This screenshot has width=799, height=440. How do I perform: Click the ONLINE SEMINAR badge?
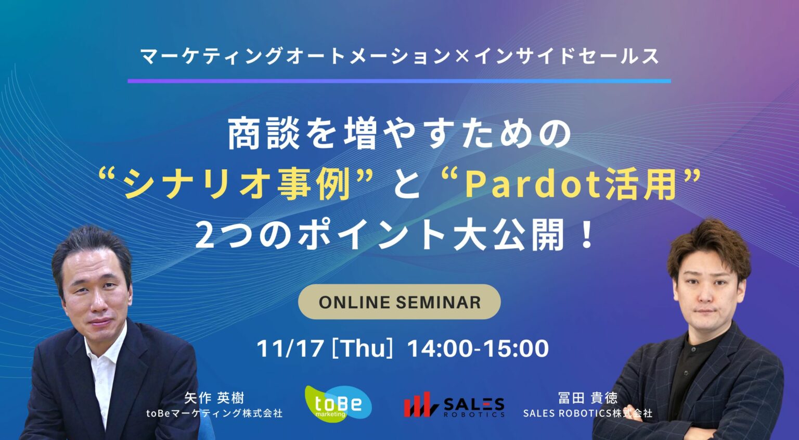pyautogui.click(x=399, y=302)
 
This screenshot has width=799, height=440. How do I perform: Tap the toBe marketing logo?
pyautogui.click(x=338, y=404)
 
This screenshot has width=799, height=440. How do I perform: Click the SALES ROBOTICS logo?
pyautogui.click(x=454, y=405)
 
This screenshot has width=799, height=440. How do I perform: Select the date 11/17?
pyautogui.click(x=290, y=348)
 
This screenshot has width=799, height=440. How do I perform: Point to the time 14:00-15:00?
pyautogui.click(x=478, y=348)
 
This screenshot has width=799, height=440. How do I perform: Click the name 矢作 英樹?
pyautogui.click(x=214, y=398)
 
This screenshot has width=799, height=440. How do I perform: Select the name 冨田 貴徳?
pyautogui.click(x=587, y=398)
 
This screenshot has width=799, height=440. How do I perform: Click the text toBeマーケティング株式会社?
pyautogui.click(x=214, y=413)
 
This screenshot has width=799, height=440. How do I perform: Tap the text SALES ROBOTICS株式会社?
pyautogui.click(x=587, y=413)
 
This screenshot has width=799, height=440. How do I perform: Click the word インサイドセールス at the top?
pyautogui.click(x=566, y=56)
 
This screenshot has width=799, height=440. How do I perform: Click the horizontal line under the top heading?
pyautogui.click(x=399, y=81)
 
